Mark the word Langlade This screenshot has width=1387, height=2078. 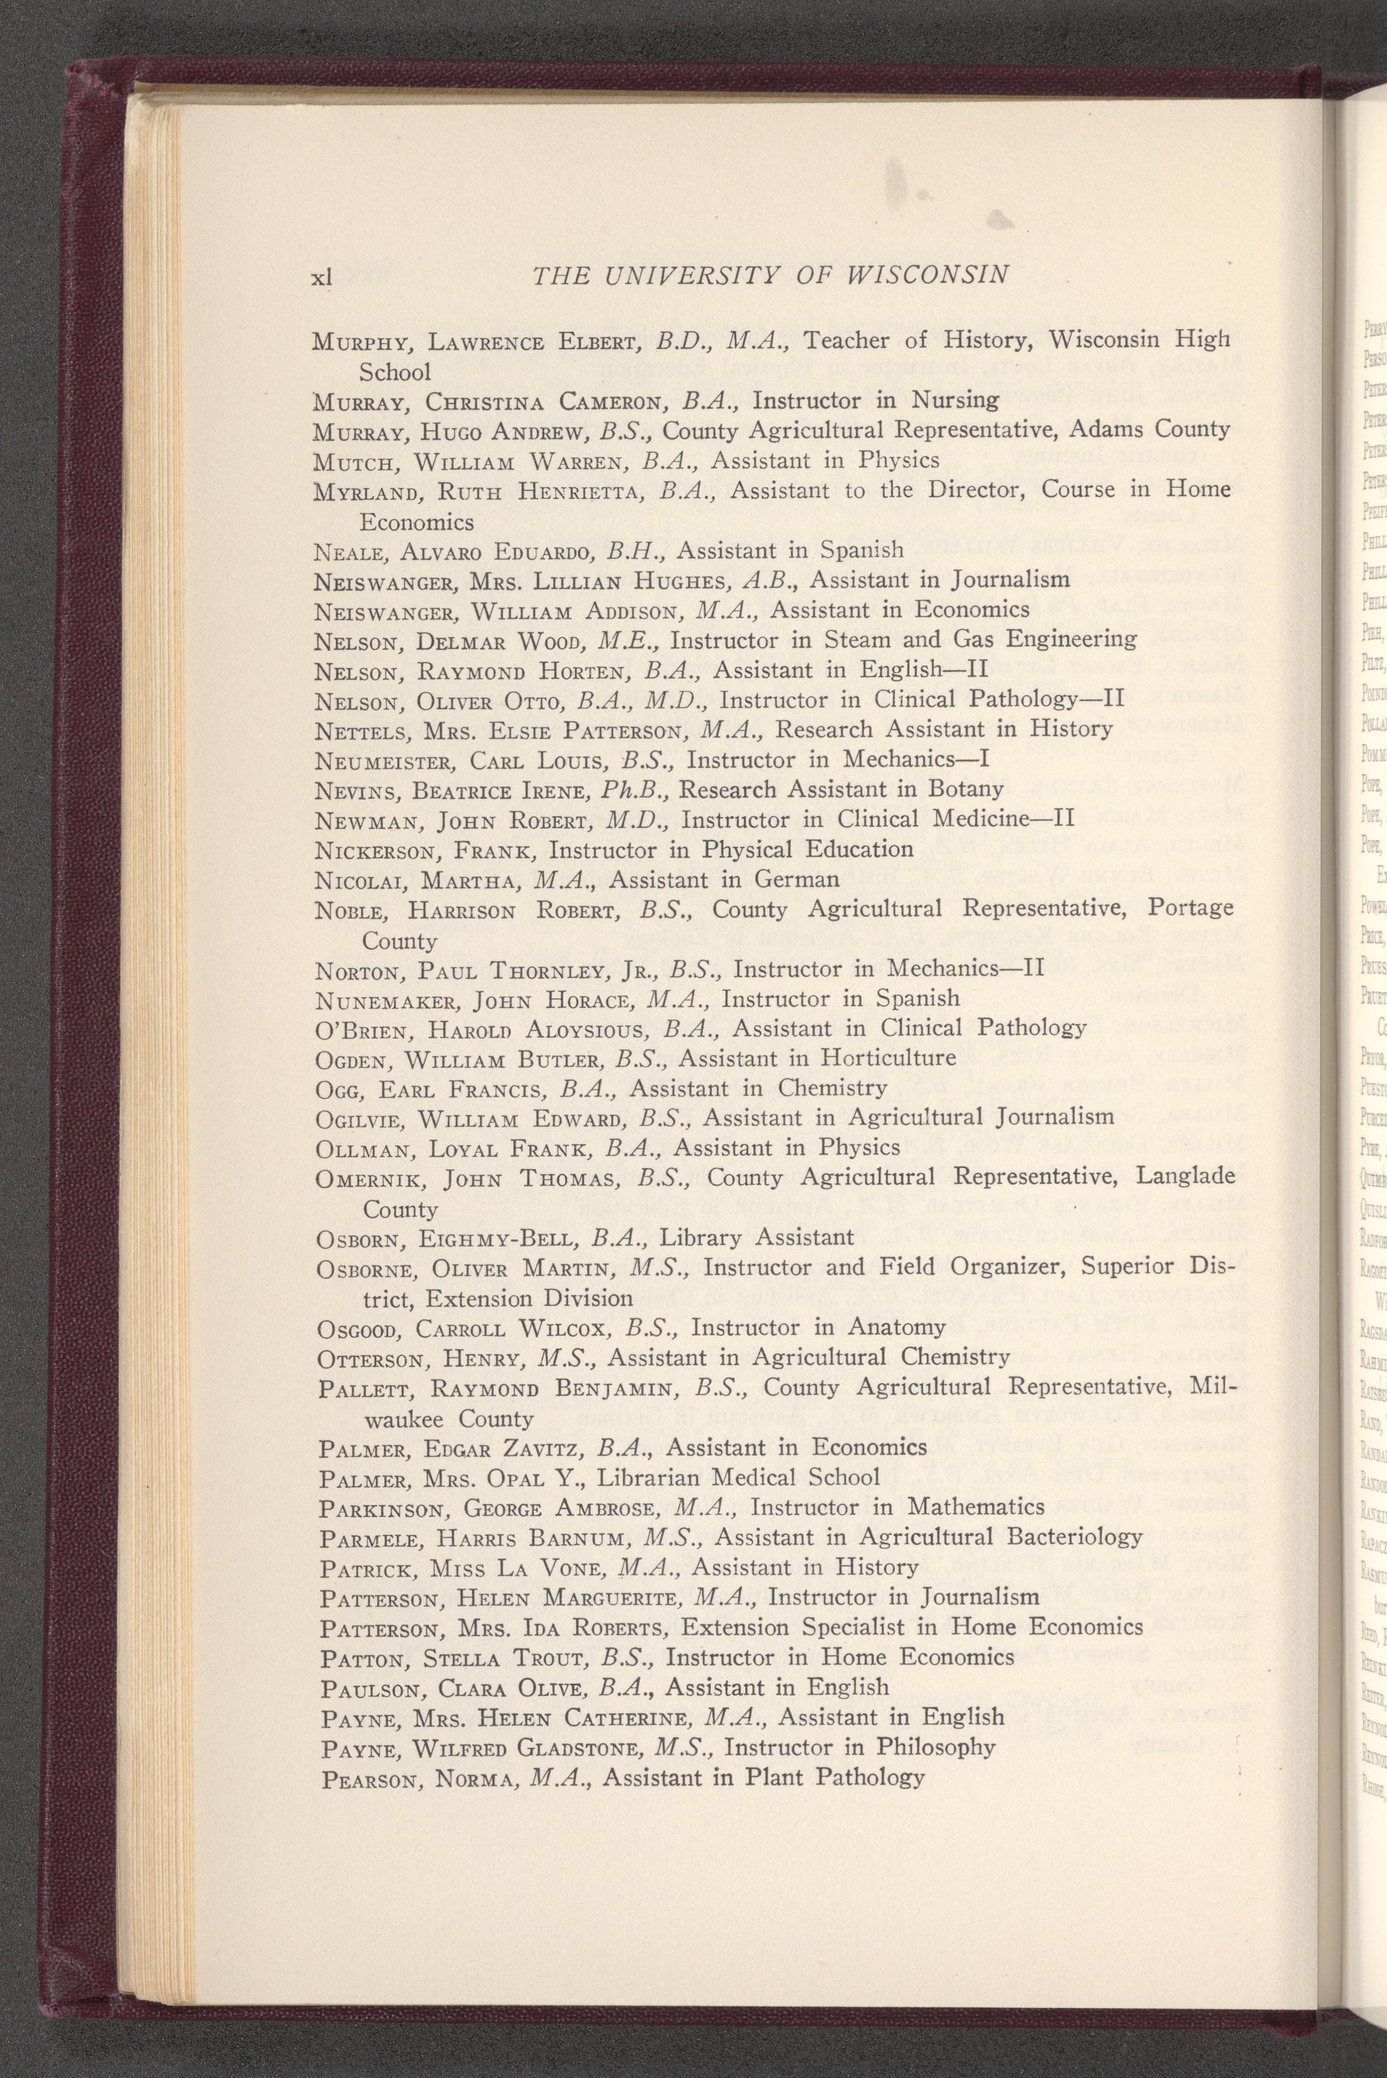pos(1186,1178)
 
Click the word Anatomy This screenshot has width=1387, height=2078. pos(896,1328)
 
